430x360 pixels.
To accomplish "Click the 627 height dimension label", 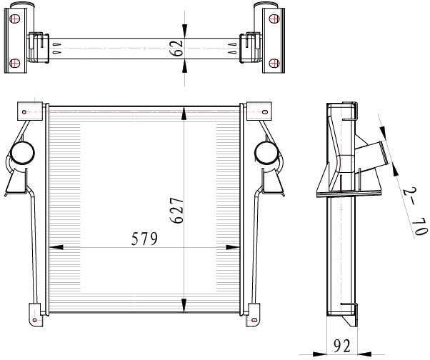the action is [176, 210].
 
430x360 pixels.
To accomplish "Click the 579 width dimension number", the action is [144, 239].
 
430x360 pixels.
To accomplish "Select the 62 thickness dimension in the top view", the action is [176, 48].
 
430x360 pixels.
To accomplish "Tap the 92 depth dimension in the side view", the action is [342, 346].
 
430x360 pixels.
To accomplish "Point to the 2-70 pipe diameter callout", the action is [415, 211].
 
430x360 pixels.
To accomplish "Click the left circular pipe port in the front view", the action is [22, 153].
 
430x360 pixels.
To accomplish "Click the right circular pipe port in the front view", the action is [266, 153].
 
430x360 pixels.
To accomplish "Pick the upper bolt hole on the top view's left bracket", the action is [15, 19].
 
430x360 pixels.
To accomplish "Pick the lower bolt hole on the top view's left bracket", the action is [15, 63].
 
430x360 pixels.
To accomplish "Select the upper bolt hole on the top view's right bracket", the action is [274, 19].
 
